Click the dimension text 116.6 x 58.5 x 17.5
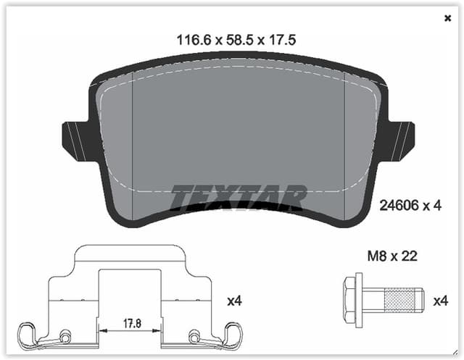pos(238,40)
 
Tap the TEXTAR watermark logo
pos(239,197)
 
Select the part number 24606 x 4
pos(410,206)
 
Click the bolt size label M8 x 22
pos(391,256)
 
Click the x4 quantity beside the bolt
pos(441,300)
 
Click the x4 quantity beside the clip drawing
pos(233,300)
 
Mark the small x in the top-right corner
pos(447,18)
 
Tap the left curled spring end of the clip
pos(30,334)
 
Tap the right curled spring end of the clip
pos(233,334)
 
